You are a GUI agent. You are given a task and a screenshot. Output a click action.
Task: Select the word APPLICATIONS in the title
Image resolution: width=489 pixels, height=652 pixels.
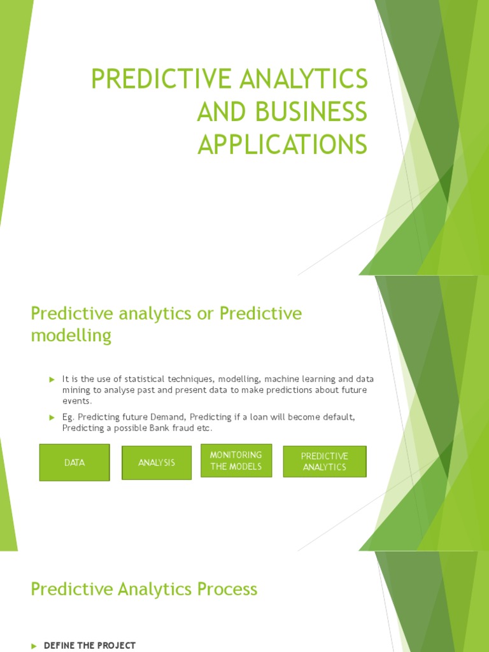(282, 144)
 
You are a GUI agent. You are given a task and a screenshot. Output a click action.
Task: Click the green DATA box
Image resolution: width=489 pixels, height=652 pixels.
(74, 462)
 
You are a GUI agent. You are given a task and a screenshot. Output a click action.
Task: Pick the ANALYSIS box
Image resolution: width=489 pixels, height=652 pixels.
(157, 462)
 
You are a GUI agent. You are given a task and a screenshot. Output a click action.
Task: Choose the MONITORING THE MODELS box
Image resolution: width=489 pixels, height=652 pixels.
(236, 460)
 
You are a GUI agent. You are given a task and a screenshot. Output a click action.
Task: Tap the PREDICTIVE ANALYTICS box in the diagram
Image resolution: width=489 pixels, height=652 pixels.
(325, 462)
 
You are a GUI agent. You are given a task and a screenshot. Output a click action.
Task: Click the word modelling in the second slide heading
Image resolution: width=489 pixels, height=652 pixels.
(71, 336)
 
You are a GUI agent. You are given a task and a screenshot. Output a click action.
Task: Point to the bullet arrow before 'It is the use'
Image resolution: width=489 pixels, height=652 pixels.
(53, 379)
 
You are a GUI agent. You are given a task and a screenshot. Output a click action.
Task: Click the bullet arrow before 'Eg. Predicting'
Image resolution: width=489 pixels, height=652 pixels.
(53, 417)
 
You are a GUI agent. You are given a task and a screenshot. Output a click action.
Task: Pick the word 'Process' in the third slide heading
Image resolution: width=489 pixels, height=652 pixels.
(227, 589)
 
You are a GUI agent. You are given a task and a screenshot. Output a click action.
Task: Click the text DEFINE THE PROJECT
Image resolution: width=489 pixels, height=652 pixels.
(89, 646)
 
